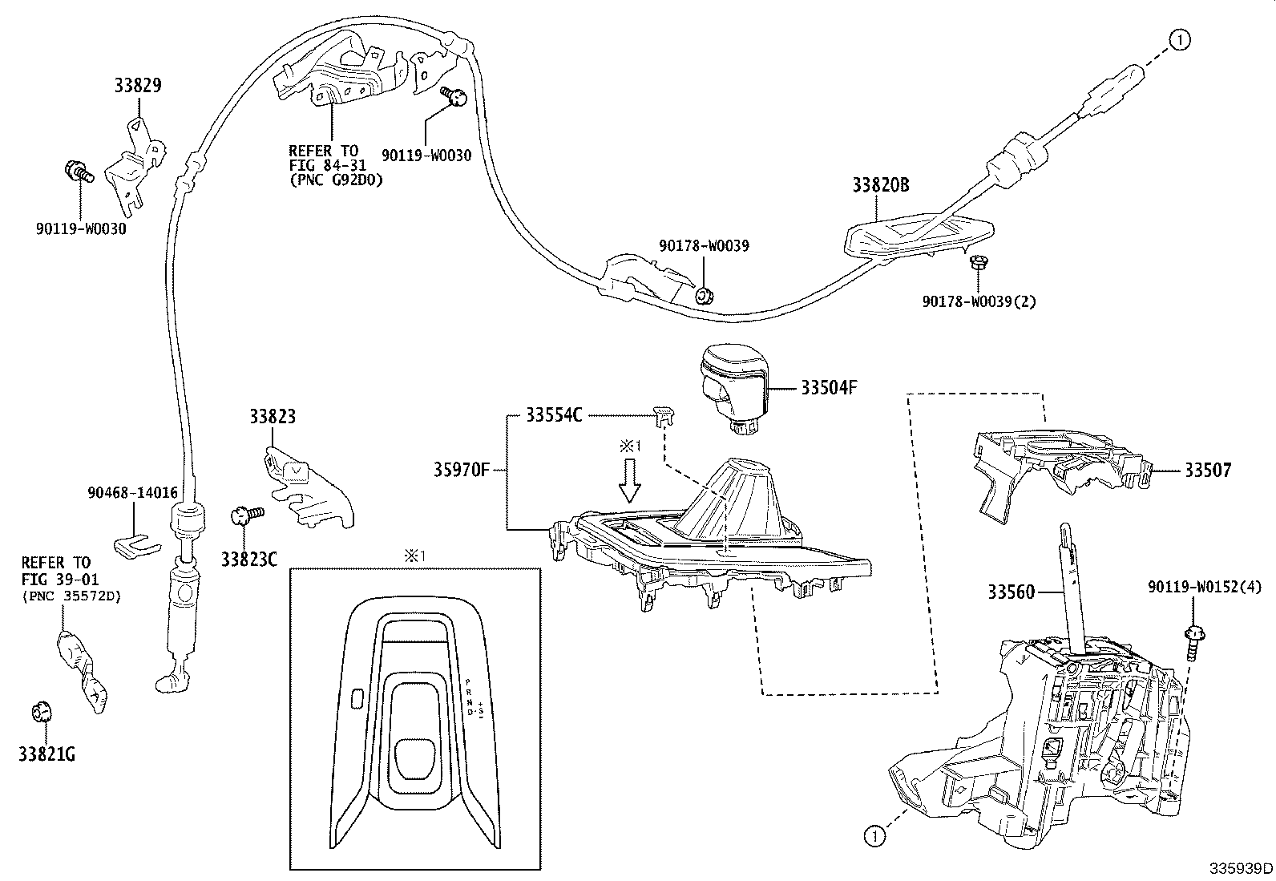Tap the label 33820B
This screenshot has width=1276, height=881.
click(880, 185)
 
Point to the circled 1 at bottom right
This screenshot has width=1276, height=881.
click(874, 835)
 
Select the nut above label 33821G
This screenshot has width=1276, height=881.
click(40, 712)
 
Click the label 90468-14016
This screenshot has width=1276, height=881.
click(132, 494)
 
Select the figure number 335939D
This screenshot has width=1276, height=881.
click(1240, 868)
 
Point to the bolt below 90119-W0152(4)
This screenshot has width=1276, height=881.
click(1192, 641)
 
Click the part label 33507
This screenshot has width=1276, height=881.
click(1208, 470)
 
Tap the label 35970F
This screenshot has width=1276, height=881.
click(461, 470)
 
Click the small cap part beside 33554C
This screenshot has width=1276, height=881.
click(661, 414)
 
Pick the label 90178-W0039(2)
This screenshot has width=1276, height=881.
click(979, 301)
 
